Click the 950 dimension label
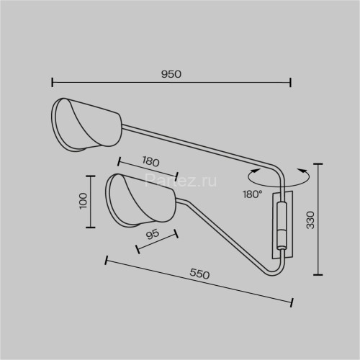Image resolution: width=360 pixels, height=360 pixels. [171, 74]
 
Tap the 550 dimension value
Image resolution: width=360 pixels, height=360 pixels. [199, 274]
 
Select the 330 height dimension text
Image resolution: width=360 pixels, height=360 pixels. [310, 220]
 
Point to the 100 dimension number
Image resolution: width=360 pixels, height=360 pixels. [83, 201]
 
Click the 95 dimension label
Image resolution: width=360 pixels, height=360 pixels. [153, 234]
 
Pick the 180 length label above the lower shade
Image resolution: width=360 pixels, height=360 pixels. [150, 161]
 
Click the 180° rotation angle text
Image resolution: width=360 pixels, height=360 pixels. [252, 194]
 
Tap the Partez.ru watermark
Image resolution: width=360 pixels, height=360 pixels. [181, 181]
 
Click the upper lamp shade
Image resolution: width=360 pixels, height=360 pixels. [86, 125]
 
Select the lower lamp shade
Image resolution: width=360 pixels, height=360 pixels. [140, 199]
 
